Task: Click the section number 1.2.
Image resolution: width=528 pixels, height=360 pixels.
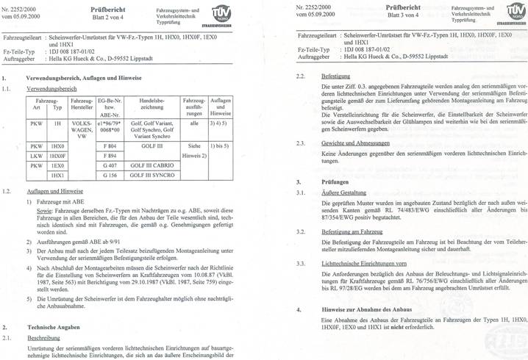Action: coord(7,190)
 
